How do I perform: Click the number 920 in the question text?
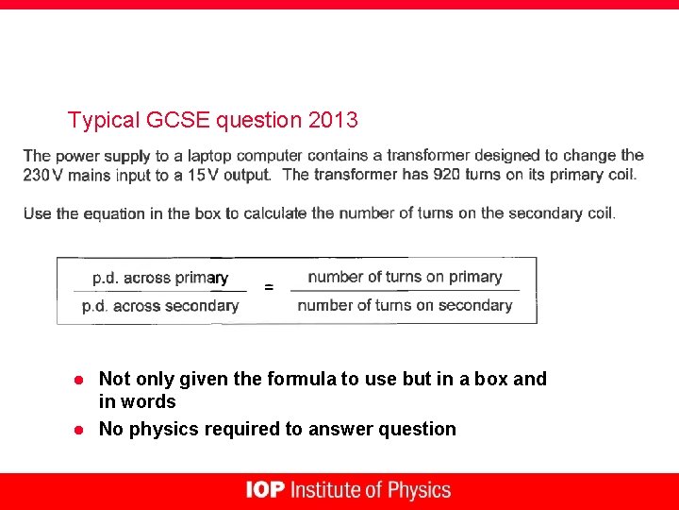coord(447,174)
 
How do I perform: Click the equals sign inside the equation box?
coord(270,287)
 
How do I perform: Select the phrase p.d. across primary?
coord(159,278)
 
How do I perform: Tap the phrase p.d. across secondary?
coord(159,305)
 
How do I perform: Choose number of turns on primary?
coord(405,277)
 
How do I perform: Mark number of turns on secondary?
coord(405,305)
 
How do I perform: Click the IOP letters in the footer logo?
coord(265,490)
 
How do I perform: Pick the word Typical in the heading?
coord(105,121)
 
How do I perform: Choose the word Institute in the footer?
coord(325,490)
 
